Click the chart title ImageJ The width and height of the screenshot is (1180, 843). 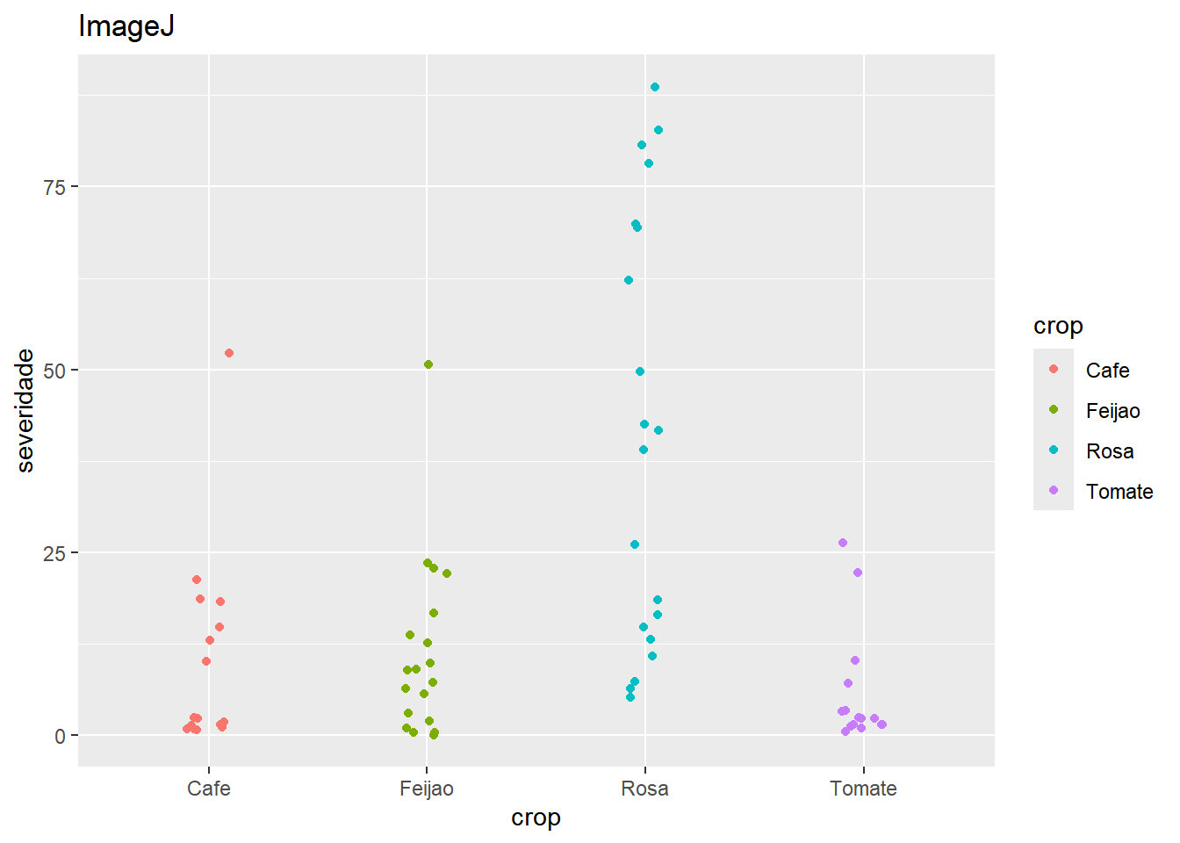pyautogui.click(x=126, y=26)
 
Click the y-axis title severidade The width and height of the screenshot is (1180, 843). pyautogui.click(x=25, y=410)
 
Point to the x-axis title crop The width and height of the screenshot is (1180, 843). pyautogui.click(x=536, y=818)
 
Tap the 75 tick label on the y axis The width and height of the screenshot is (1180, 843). pyautogui.click(x=54, y=187)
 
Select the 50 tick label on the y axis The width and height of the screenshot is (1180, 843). pyautogui.click(x=54, y=370)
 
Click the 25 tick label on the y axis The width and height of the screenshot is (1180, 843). pyautogui.click(x=54, y=553)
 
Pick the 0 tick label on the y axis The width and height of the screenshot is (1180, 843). pyautogui.click(x=60, y=736)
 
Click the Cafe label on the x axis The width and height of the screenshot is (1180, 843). pyautogui.click(x=209, y=789)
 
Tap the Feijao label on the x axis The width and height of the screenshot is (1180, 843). pyautogui.click(x=427, y=789)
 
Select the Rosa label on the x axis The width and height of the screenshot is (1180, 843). pyautogui.click(x=644, y=789)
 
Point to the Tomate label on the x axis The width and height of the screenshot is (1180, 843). pyautogui.click(x=863, y=789)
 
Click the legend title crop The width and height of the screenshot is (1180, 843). pyautogui.click(x=1058, y=326)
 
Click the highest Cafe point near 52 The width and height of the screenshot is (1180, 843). pyautogui.click(x=229, y=353)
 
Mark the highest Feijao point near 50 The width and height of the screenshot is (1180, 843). pyautogui.click(x=428, y=364)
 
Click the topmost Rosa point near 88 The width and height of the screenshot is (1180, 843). pyautogui.click(x=655, y=87)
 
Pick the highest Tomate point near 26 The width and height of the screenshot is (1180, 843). pyautogui.click(x=843, y=543)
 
